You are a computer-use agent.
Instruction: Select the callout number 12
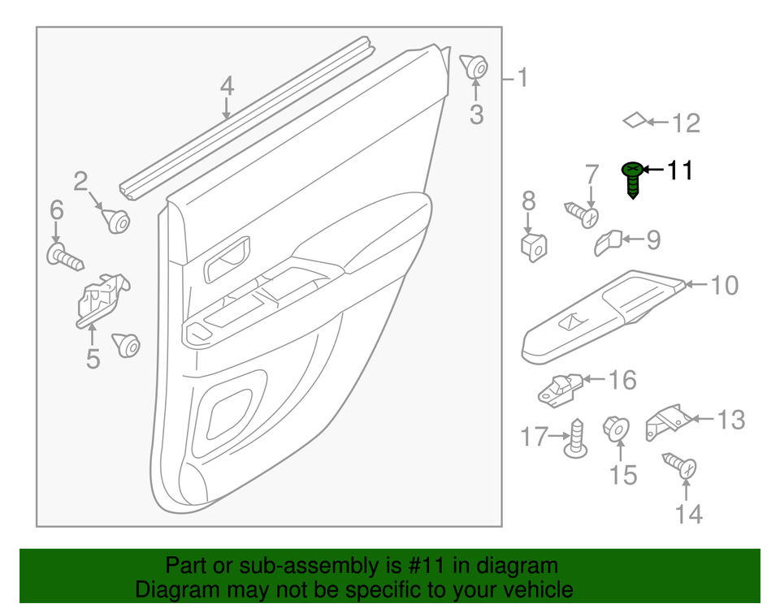(x=686, y=123)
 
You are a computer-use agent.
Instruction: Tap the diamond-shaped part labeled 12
(x=635, y=120)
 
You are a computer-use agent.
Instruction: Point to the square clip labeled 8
(x=533, y=244)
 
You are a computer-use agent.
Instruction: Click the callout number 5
(x=93, y=357)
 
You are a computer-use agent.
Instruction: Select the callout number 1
(x=522, y=78)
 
